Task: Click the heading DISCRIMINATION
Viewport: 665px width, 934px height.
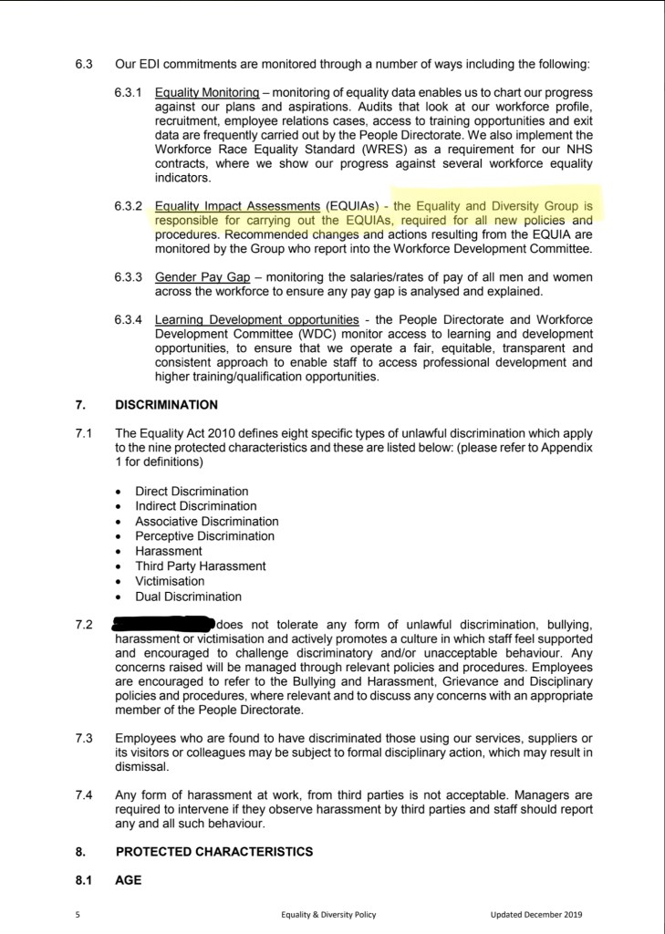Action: (x=167, y=404)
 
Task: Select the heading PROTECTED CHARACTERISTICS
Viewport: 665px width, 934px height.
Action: (x=213, y=852)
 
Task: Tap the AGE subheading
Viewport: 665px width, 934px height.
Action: (x=130, y=881)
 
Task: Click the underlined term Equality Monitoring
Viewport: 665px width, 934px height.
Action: (x=206, y=93)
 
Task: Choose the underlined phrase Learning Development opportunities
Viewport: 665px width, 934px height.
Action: (x=256, y=320)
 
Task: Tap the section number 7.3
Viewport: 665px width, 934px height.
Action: (x=85, y=737)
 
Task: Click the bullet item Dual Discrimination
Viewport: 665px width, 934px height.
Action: (x=188, y=597)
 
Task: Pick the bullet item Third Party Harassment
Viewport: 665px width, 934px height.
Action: (x=200, y=566)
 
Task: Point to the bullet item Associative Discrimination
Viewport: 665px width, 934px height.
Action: (x=206, y=522)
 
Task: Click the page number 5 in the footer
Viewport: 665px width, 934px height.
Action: (x=78, y=914)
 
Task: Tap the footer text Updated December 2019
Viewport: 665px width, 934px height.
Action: (x=535, y=914)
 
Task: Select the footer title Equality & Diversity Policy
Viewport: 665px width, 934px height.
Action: (x=328, y=914)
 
